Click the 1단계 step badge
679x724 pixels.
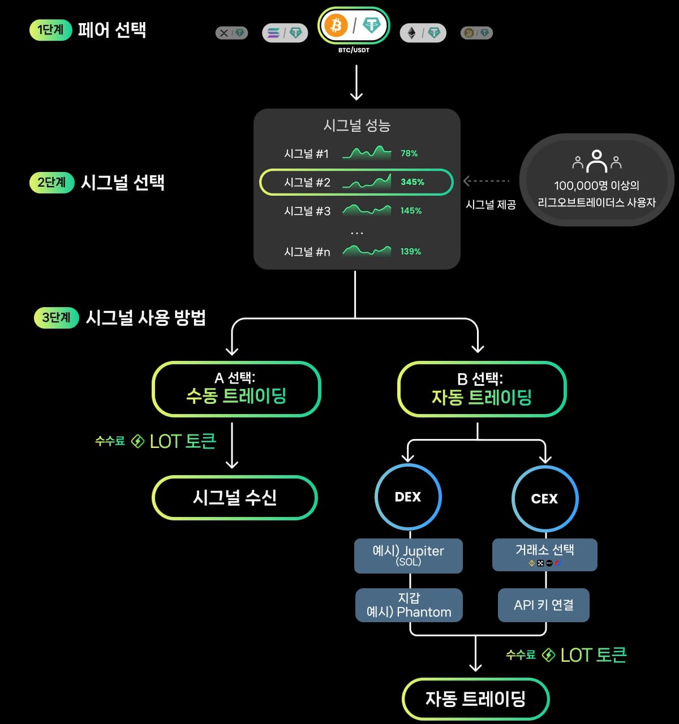pos(50,29)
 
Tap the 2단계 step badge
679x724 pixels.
pos(51,183)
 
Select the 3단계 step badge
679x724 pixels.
pos(56,317)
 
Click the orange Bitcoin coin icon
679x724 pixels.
pos(336,25)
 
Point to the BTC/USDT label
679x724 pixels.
pos(354,50)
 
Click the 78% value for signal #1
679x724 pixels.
pos(409,153)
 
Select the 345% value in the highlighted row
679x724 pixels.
pos(412,182)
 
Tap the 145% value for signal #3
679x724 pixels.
pos(411,210)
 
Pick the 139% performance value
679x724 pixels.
pos(411,252)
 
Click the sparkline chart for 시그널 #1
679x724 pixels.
pos(367,153)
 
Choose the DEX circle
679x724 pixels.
pos(408,497)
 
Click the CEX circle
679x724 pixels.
pos(544,498)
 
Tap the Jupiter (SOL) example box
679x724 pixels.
pos(408,555)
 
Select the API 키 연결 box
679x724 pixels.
pos(543,605)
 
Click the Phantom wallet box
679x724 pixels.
pos(409,605)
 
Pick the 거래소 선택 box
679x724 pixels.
pos(544,554)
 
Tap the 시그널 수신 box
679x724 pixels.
pos(235,498)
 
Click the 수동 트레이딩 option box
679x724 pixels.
pos(237,389)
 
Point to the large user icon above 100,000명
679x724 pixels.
pos(596,161)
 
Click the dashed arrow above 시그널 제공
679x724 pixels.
pos(487,181)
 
